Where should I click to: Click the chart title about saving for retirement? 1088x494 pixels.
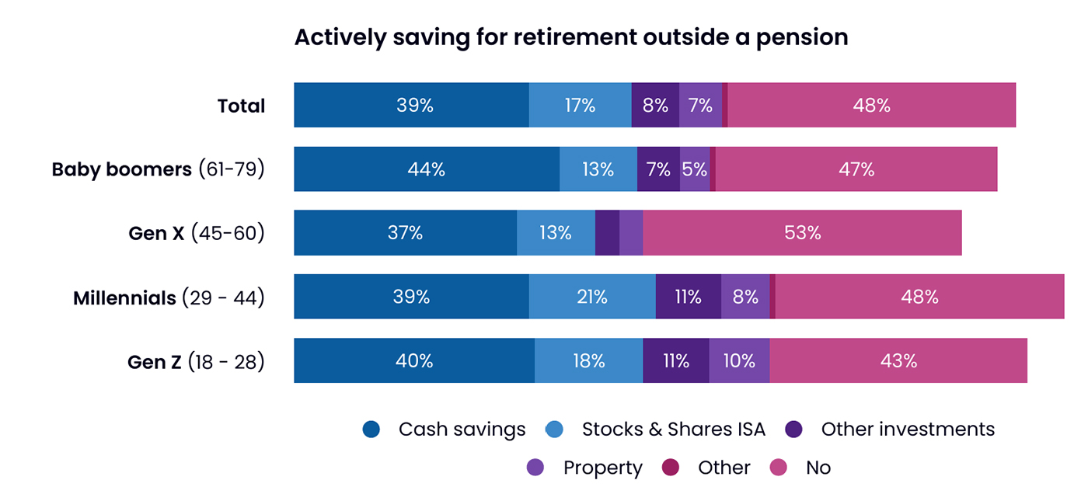click(570, 37)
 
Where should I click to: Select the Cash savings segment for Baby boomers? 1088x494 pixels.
click(426, 169)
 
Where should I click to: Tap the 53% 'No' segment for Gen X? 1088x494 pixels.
click(802, 232)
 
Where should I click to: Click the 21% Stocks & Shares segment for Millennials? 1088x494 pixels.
click(592, 297)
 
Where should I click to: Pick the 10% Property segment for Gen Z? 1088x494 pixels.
click(738, 360)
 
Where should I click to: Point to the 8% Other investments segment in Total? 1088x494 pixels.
click(655, 105)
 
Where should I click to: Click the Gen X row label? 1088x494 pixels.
click(197, 233)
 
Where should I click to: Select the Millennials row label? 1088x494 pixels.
click(169, 297)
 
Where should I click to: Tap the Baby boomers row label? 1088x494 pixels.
click(159, 169)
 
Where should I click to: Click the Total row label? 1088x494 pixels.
click(241, 106)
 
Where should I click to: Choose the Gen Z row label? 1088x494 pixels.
click(196, 361)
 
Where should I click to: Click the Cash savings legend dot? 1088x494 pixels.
click(371, 430)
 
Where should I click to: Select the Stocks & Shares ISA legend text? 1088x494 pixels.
click(673, 430)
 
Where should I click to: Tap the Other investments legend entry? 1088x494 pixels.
click(907, 430)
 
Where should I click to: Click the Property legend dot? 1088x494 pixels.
click(535, 468)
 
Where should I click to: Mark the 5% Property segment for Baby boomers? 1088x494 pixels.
click(694, 169)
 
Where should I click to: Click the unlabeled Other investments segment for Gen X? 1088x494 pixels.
click(607, 232)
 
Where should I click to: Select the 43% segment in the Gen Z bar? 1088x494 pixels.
click(898, 360)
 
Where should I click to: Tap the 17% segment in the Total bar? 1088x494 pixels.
click(580, 105)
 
